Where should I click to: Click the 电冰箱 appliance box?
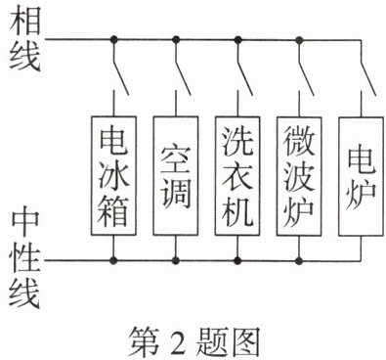(x=113, y=176)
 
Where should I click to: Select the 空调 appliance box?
(x=176, y=176)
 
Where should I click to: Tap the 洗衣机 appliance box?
(x=237, y=176)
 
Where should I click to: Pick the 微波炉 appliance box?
(x=299, y=176)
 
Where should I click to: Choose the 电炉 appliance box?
(x=361, y=176)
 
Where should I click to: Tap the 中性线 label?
(x=25, y=258)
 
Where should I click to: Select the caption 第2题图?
(x=194, y=342)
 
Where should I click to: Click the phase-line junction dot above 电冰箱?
(x=113, y=40)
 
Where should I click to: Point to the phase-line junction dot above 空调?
(x=176, y=40)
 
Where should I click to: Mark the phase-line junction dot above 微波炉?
(x=299, y=40)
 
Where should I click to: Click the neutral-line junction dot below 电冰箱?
(x=113, y=260)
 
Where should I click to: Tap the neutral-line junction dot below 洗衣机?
(x=237, y=260)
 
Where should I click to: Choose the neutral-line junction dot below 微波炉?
(x=299, y=260)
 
